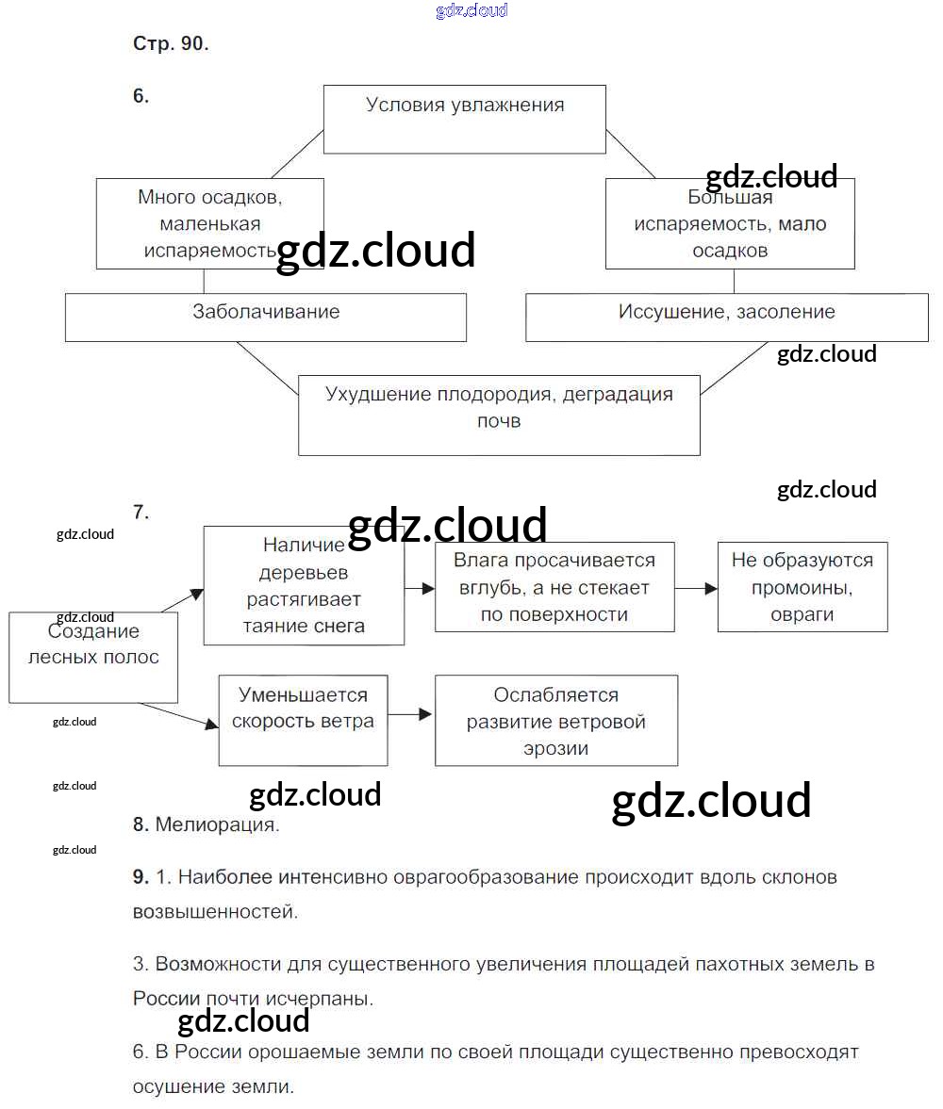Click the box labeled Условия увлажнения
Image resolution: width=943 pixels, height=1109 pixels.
465,119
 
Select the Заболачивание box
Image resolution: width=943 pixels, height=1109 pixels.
265,317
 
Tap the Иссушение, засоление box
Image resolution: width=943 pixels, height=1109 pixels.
726,317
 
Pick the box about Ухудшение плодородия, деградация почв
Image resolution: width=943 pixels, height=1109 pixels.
499,415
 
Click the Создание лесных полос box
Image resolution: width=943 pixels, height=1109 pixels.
93,657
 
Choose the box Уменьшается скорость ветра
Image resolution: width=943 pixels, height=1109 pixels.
303,720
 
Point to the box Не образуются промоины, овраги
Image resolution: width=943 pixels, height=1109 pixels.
802,587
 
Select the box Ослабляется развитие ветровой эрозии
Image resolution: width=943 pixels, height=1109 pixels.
555,721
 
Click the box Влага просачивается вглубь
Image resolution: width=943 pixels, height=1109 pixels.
554,587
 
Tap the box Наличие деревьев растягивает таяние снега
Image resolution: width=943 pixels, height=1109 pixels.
304,585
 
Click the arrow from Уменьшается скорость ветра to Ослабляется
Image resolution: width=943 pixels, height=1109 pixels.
410,715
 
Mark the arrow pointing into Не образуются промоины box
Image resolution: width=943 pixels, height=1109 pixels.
696,588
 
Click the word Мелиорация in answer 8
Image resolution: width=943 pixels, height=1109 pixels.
217,825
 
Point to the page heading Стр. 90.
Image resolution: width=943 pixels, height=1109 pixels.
171,43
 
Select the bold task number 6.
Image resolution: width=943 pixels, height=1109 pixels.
141,95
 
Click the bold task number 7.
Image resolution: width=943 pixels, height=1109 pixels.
141,513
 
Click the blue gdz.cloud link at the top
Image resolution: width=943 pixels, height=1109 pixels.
471,10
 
